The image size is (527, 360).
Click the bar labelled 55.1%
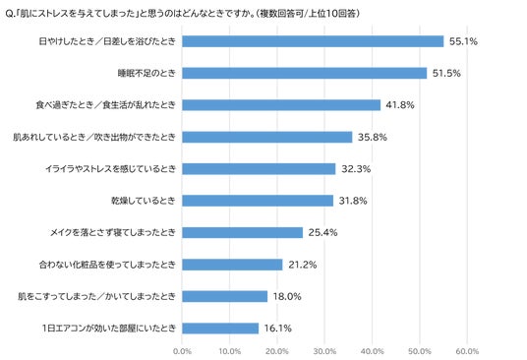[x=313, y=41]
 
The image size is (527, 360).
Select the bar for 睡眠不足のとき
[x=305, y=73]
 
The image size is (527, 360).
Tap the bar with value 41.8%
[x=281, y=105]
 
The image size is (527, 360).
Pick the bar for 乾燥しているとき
[x=258, y=201]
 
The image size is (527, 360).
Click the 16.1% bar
[x=220, y=329]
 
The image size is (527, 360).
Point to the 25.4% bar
[x=242, y=232]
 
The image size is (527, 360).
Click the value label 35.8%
[x=373, y=137]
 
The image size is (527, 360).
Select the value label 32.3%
[x=356, y=169]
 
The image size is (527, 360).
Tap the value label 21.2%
[x=303, y=265]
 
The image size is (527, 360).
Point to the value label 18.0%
[x=287, y=296]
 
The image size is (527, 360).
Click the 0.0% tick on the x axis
[x=182, y=351]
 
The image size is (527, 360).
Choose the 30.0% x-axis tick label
[x=324, y=351]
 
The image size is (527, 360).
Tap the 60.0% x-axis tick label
[x=467, y=351]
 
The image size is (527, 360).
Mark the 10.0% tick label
[x=229, y=351]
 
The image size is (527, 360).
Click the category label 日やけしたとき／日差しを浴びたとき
[x=107, y=41]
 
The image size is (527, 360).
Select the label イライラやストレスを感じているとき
[x=110, y=169]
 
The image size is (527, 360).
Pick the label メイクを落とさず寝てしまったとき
[x=113, y=232]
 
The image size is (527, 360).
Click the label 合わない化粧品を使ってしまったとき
[x=107, y=265]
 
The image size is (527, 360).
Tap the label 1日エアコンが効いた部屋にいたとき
[x=109, y=329]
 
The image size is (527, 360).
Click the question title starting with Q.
[x=183, y=14]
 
